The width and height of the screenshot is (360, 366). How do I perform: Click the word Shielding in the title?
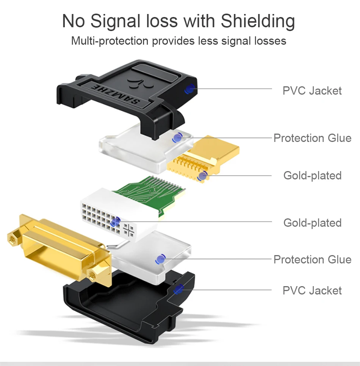point(258,21)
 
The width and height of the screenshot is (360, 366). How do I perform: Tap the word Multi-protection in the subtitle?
point(110,40)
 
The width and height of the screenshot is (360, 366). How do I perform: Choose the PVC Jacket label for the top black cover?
point(312,91)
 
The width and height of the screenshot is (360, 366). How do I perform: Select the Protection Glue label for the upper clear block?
point(312,138)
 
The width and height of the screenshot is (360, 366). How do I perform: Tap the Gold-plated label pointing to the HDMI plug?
point(312,176)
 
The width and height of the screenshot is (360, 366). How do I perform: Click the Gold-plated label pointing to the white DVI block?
point(312,223)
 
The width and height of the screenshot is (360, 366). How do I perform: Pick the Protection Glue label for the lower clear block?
point(312,260)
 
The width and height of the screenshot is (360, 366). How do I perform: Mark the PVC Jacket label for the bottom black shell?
point(312,291)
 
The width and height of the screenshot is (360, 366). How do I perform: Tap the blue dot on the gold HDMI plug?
point(203,176)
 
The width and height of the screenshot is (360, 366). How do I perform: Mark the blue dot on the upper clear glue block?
point(177,138)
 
